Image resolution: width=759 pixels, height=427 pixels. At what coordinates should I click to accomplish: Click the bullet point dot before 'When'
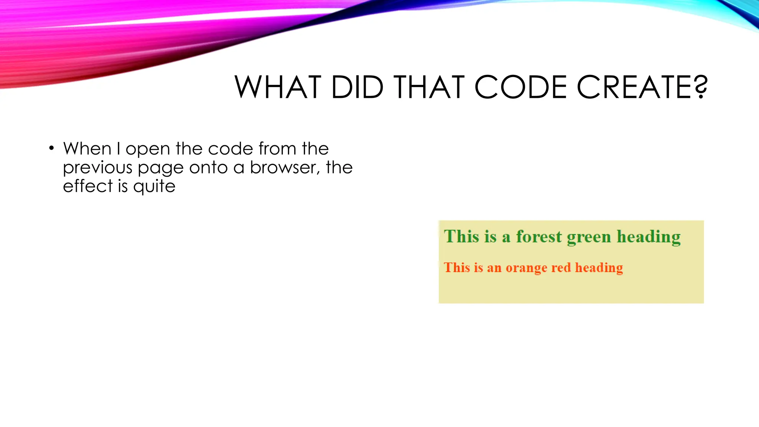tap(52, 149)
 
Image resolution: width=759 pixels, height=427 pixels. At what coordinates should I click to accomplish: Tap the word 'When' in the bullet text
tap(87, 149)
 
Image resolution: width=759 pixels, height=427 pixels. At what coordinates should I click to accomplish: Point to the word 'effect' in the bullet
tap(87, 186)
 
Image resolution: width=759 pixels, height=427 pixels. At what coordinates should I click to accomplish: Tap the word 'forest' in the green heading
tap(539, 236)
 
